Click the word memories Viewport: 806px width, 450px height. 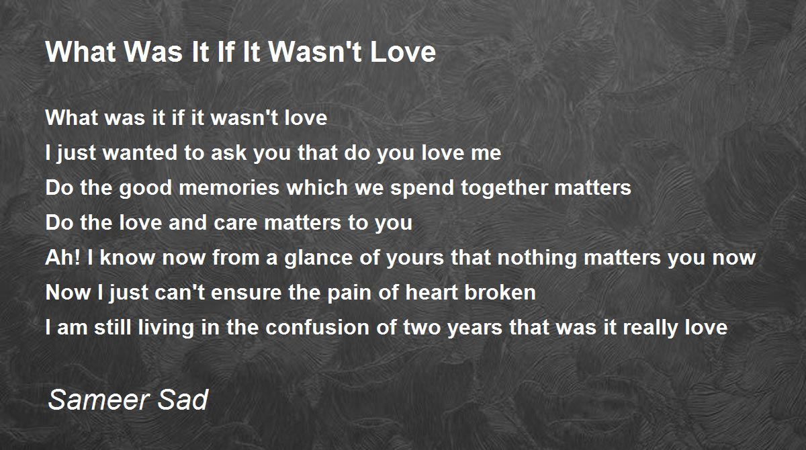(229, 187)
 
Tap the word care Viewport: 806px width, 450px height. (235, 223)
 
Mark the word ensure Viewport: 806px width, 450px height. (246, 292)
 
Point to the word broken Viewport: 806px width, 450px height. (500, 292)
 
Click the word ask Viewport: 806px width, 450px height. (228, 152)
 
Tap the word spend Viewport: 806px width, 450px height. (422, 189)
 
